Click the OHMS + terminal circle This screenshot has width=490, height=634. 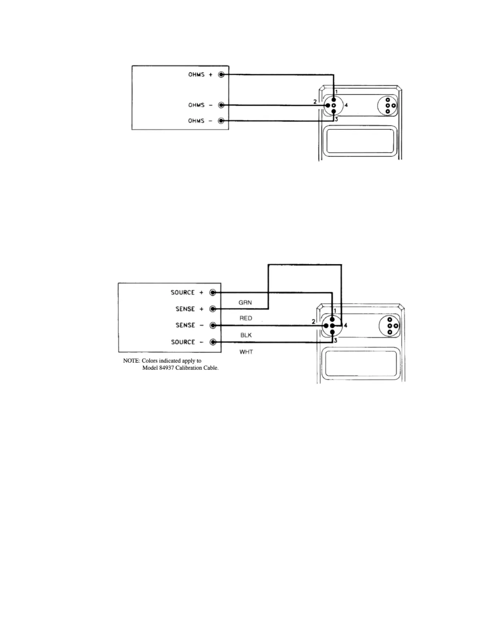pos(221,74)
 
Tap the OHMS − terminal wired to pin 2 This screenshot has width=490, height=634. pos(221,105)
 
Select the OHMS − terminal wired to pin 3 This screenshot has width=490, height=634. pos(221,121)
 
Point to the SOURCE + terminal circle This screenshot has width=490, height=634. pos(213,293)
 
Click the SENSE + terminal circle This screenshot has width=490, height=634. pos(213,309)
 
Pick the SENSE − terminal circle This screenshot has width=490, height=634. pos(213,325)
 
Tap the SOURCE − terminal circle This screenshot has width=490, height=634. pos(213,342)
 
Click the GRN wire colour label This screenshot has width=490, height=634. pos(245,303)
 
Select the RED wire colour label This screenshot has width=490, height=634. pos(246,318)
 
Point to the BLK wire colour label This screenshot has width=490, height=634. pos(246,335)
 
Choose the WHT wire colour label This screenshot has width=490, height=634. pos(246,352)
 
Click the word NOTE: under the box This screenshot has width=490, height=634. pos(131,361)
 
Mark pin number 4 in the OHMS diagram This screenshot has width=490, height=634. pos(346,105)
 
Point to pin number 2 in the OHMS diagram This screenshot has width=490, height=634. pos(315,102)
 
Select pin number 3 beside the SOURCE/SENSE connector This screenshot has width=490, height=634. pos(335,341)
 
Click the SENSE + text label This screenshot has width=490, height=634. pos(190,309)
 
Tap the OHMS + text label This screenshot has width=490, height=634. pos(201,74)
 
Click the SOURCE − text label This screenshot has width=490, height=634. pos(187,342)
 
